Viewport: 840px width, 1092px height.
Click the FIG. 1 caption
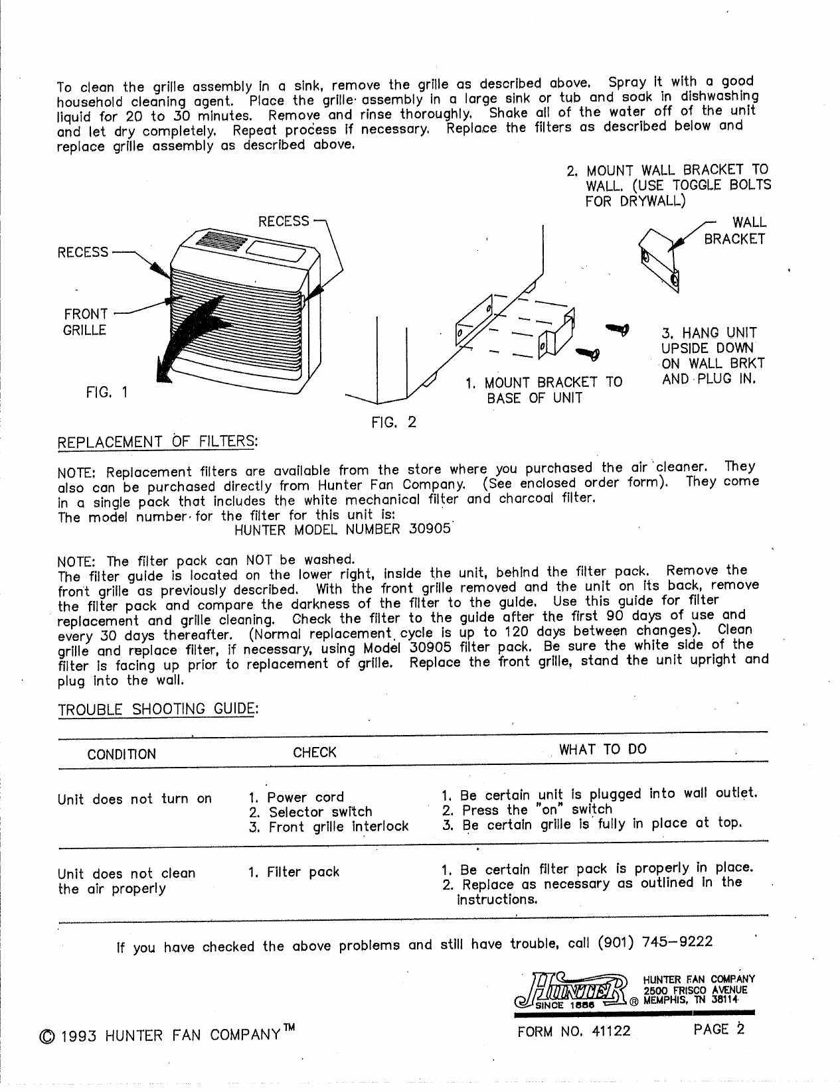107,392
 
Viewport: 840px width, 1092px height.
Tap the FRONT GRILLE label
85,322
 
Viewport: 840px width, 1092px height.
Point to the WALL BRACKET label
734,230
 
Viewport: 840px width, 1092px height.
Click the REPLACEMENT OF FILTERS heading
157,441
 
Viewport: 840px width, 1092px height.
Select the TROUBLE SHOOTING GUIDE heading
157,710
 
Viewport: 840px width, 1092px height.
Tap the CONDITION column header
122,754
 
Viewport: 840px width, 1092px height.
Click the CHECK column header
315,752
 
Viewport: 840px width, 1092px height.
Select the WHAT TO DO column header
603,750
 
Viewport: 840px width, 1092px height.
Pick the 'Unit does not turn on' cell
135,799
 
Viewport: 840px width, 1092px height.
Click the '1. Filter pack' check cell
294,872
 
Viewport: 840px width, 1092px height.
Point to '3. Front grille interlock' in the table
329,827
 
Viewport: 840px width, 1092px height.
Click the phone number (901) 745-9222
655,942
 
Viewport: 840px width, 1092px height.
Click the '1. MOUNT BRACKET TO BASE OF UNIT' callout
543,390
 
